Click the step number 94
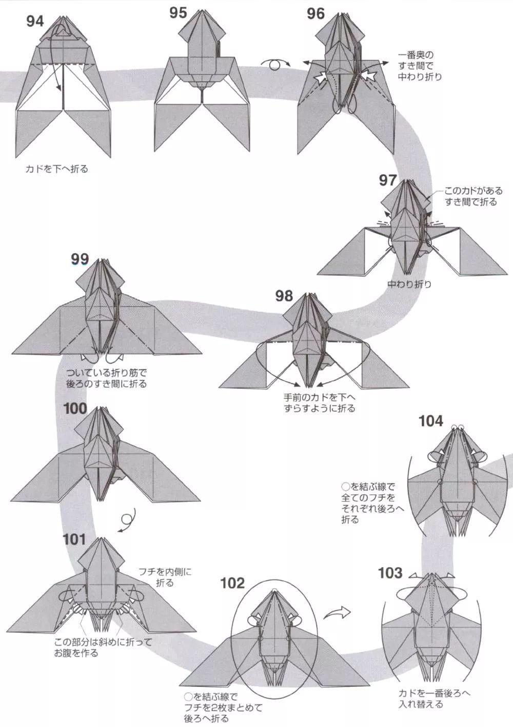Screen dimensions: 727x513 point(35,22)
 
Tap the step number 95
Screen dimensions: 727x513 point(178,13)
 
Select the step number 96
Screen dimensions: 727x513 point(316,14)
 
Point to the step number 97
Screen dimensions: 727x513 point(388,180)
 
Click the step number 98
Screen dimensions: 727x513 point(284,295)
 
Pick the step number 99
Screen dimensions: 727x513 point(80,259)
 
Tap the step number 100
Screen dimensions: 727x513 point(76,408)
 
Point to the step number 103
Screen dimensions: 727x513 point(390,573)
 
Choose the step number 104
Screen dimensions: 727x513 point(430,421)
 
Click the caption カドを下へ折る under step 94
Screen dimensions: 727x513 point(56,169)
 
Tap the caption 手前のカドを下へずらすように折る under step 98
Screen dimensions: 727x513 point(319,403)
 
